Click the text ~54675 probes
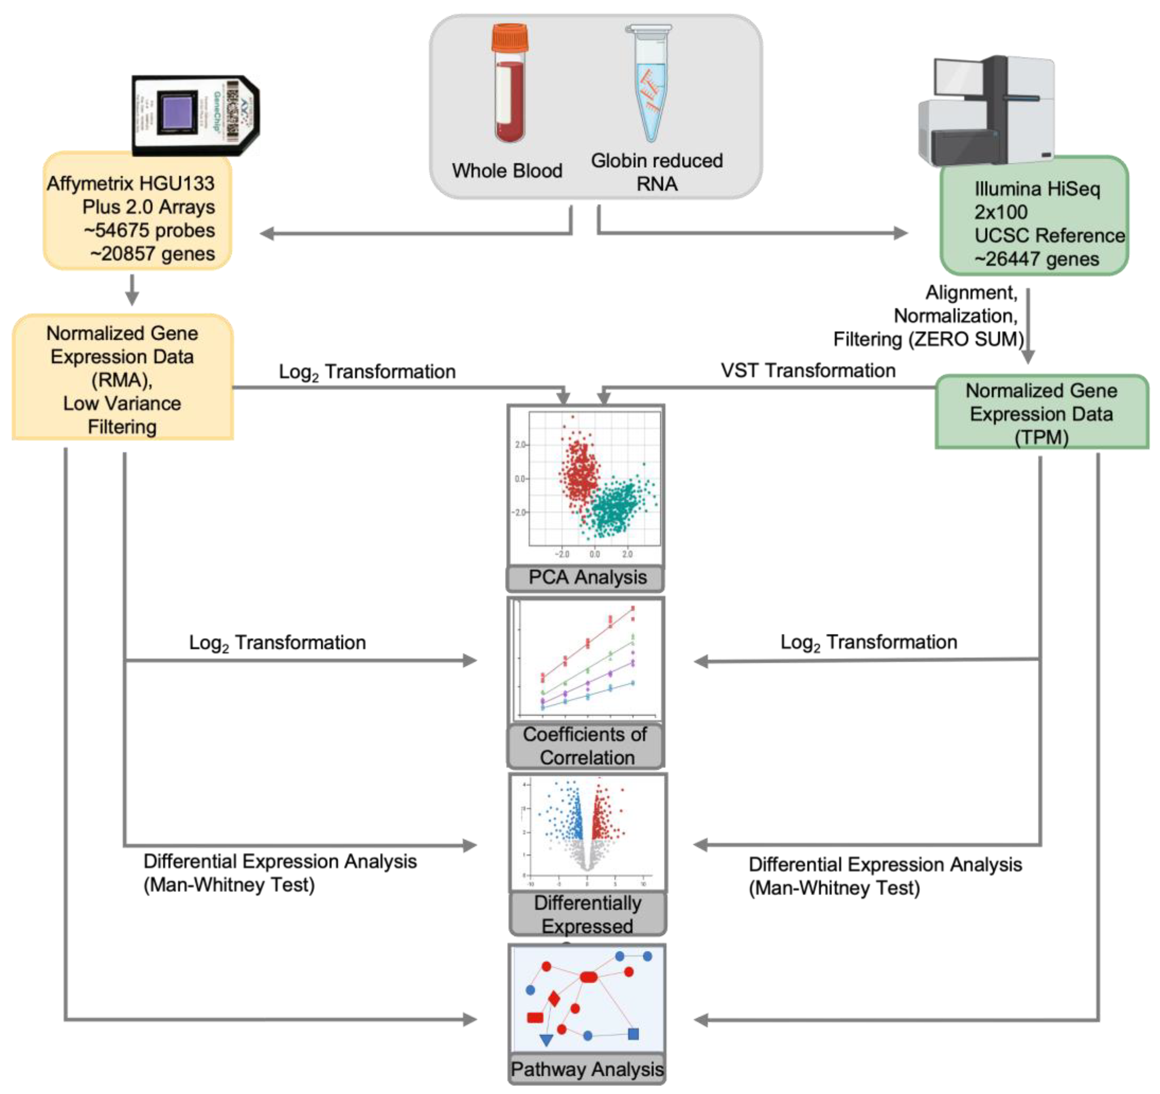coord(149,230)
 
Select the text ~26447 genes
coord(1036,259)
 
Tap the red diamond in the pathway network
coord(554,999)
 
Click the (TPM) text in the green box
coord(1041,437)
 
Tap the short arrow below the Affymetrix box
coord(132,290)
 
